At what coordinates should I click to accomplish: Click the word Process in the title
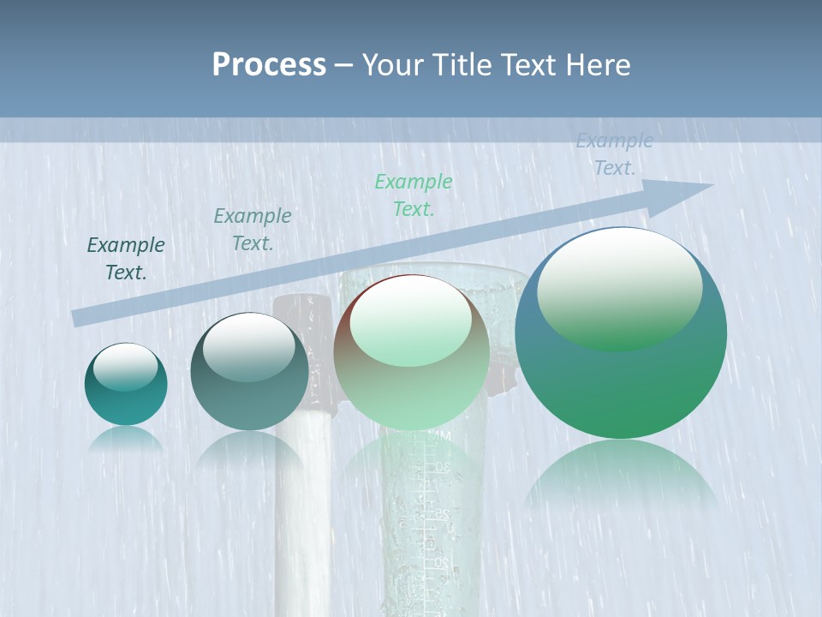point(269,65)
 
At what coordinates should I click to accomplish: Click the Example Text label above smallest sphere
point(126,258)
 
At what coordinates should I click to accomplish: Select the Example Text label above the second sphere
point(253,229)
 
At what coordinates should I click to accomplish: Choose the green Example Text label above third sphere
point(414,195)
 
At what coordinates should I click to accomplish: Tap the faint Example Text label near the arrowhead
point(614,154)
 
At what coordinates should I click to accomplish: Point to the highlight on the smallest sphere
point(125,367)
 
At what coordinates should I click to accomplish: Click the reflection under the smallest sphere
point(126,439)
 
